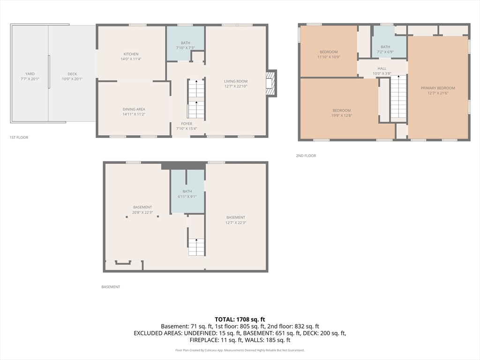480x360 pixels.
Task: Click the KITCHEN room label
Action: (131, 54)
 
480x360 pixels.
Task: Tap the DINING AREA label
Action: (134, 109)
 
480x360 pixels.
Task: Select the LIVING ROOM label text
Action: (235, 81)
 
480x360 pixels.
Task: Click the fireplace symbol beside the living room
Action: (270, 83)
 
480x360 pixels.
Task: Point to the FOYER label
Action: (187, 124)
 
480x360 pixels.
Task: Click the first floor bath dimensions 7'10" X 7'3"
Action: (186, 48)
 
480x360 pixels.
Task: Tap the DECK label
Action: (72, 74)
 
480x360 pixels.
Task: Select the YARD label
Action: (30, 74)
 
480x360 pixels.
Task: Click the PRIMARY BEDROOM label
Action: (438, 88)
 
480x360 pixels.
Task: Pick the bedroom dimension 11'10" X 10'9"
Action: (329, 57)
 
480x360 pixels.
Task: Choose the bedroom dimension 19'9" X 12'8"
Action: (342, 115)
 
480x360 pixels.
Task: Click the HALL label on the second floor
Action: (382, 68)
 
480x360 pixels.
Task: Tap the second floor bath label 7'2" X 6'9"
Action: (385, 52)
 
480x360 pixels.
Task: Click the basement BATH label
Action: (187, 191)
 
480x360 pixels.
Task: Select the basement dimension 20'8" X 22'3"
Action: (142, 212)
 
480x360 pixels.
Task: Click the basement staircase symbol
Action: (196, 247)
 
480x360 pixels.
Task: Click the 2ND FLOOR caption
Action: (306, 156)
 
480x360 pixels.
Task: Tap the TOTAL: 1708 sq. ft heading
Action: (240, 319)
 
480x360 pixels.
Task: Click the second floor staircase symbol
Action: (398, 97)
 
